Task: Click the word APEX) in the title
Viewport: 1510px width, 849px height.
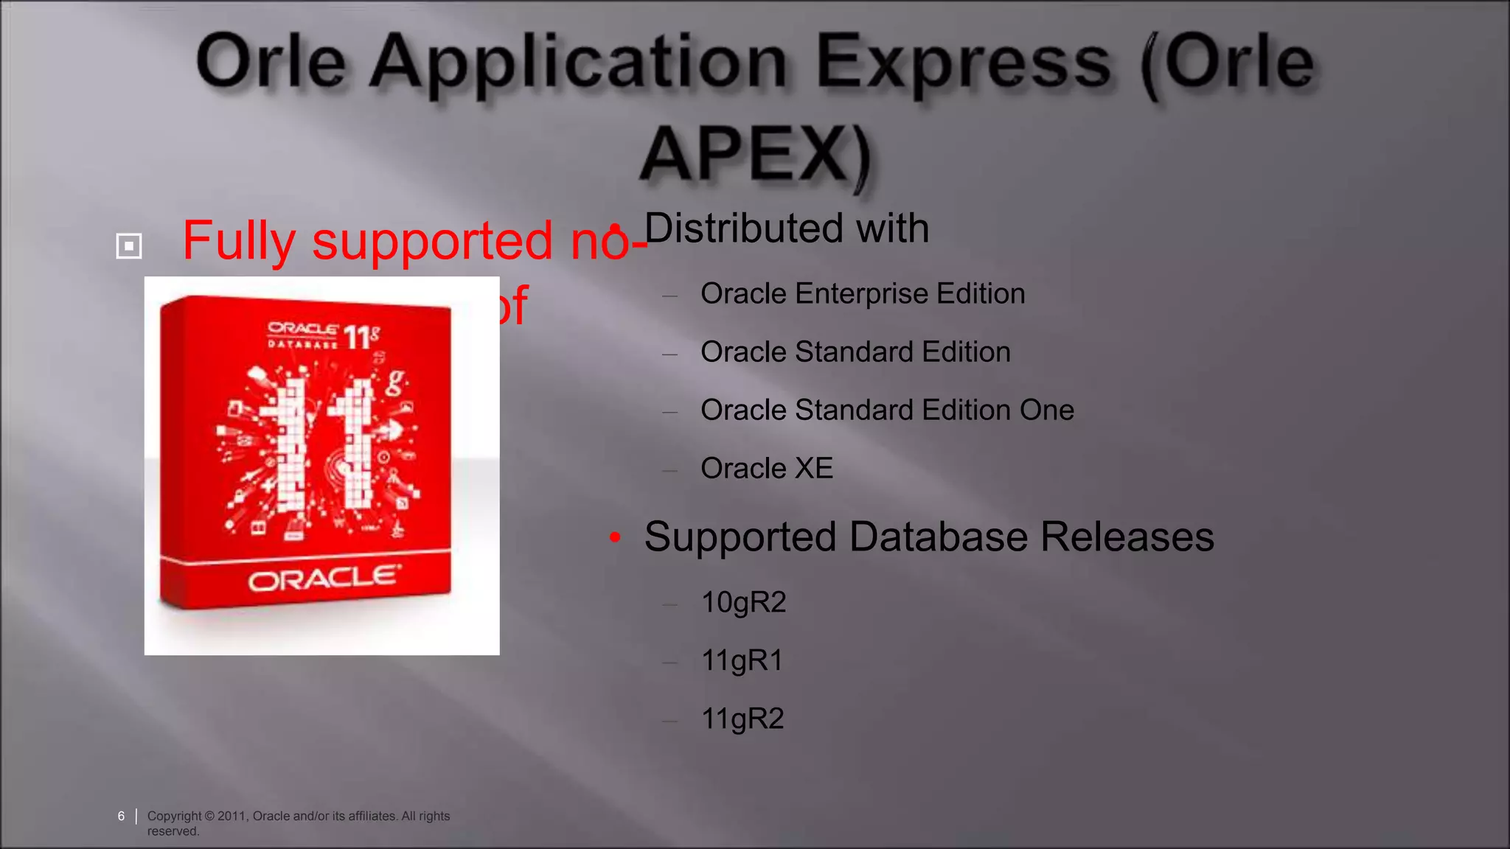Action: [755, 153]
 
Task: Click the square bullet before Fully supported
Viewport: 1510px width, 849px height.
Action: [129, 245]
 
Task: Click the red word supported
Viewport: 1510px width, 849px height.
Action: [432, 242]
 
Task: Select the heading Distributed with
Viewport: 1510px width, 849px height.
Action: [786, 228]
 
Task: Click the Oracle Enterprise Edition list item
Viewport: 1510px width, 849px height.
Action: [862, 294]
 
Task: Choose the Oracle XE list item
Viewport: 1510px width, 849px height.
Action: [766, 469]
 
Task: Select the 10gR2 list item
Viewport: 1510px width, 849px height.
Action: [743, 603]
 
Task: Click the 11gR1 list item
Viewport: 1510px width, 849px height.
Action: [741, 661]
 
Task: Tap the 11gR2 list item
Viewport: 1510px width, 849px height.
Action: [742, 719]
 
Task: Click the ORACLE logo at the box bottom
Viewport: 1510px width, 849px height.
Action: [324, 579]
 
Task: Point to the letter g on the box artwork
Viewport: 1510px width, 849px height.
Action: [396, 381]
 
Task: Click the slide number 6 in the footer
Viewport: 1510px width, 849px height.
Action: [121, 816]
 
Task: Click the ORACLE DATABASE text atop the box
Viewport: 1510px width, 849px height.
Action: [302, 335]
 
